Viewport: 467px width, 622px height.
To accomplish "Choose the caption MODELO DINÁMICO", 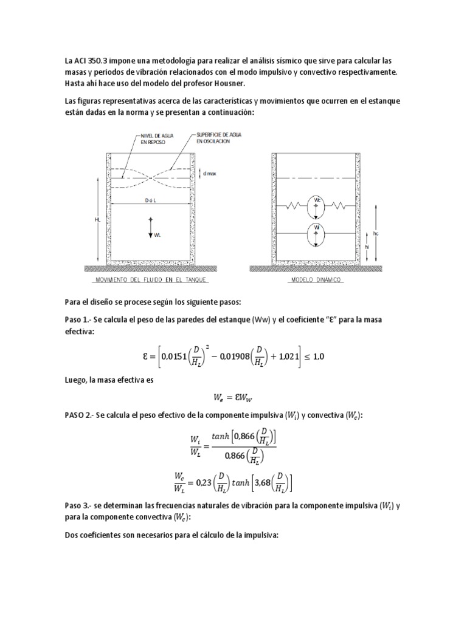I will click(317, 280).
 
